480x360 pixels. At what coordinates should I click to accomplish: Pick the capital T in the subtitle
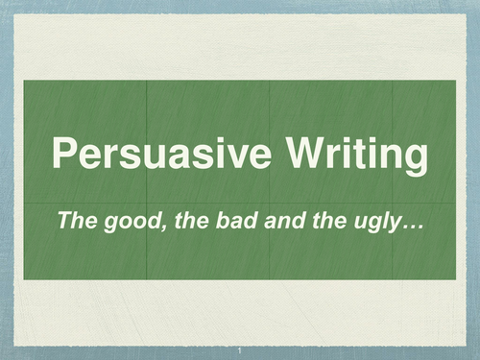(x=64, y=222)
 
